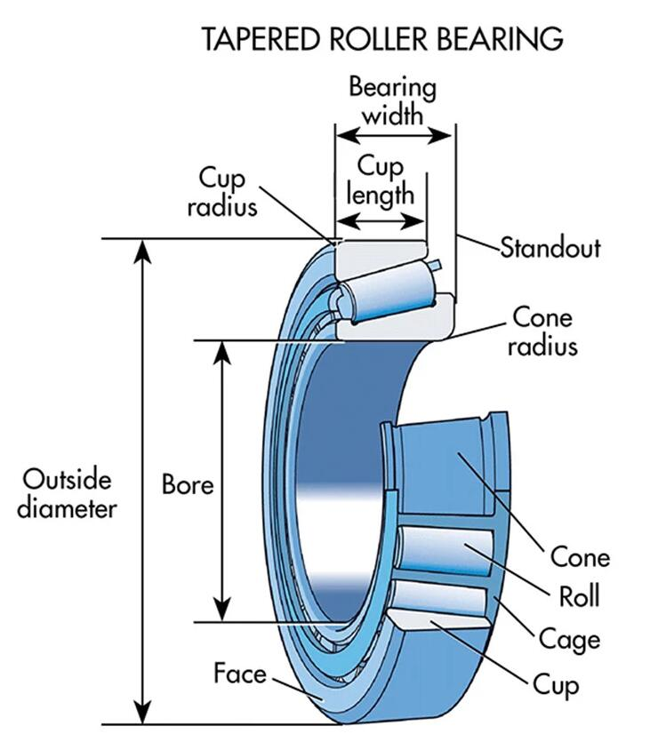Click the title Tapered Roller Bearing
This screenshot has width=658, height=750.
point(381,38)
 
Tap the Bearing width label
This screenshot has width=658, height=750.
point(392,101)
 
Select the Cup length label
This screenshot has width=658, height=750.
point(380,180)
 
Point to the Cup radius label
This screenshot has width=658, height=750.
point(228,191)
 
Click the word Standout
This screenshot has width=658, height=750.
point(550,247)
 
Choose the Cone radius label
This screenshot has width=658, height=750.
point(542,331)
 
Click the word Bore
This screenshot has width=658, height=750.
point(188,485)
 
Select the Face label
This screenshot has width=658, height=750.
point(240,674)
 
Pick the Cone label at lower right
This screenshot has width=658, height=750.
point(580,557)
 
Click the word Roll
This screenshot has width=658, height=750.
point(578,595)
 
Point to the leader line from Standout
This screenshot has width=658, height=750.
point(477,242)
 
